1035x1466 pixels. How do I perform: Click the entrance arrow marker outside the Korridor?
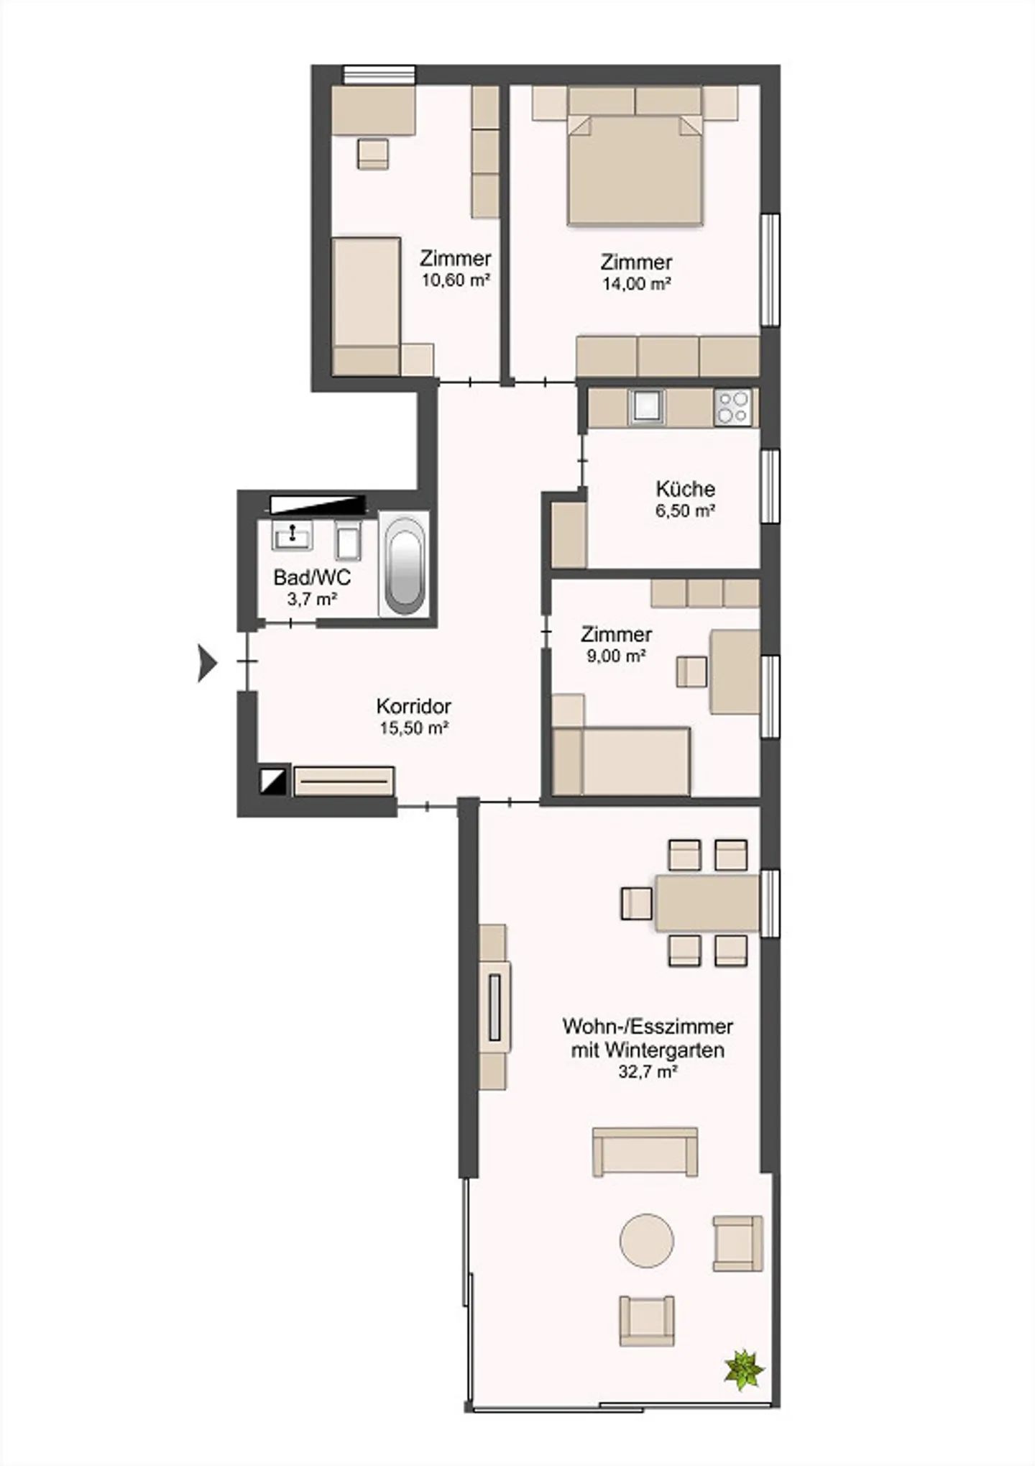(207, 662)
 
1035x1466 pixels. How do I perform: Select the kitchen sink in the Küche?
(646, 407)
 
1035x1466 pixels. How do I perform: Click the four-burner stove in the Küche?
(734, 408)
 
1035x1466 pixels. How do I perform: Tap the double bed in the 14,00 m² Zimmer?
(635, 169)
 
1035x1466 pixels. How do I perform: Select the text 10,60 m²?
(456, 280)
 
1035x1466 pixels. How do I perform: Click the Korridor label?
(414, 706)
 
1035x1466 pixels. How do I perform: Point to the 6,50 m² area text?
(685, 511)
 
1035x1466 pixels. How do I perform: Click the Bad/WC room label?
(312, 577)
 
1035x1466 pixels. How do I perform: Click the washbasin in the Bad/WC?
(293, 536)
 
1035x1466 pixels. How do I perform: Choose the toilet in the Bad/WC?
(349, 539)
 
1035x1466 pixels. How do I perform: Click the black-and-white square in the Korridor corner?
(273, 781)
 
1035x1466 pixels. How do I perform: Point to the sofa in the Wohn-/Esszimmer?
(645, 1151)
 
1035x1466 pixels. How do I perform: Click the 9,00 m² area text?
(616, 656)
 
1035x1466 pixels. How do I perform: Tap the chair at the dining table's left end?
(637, 904)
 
